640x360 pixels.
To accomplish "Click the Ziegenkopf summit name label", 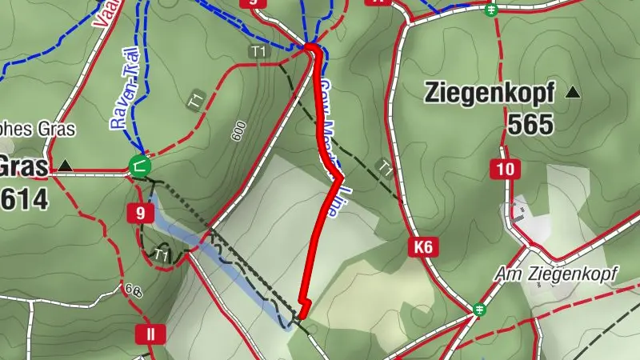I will click(489, 94).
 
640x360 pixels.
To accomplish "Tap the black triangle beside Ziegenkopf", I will click(573, 93).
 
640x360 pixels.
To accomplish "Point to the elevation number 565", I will click(530, 124).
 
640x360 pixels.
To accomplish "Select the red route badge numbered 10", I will click(504, 169).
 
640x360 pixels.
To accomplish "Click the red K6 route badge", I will click(423, 248).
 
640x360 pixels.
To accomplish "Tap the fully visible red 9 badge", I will click(140, 213).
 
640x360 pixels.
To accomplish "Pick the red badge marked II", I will click(150, 334).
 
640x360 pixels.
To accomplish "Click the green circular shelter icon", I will click(139, 166).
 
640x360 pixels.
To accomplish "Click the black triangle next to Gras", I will click(66, 166).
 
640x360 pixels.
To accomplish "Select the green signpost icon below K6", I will click(479, 308).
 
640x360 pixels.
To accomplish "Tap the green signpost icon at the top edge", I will click(492, 9).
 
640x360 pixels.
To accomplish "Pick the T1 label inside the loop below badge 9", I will click(162, 255).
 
